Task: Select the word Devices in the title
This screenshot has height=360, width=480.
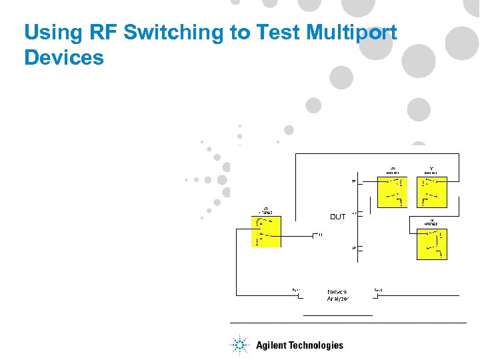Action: [x=64, y=57]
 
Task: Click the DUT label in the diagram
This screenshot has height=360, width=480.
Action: [x=338, y=217]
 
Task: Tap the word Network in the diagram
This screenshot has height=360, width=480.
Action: [x=337, y=292]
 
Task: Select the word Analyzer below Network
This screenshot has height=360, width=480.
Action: [x=337, y=299]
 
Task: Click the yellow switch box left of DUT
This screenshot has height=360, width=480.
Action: [x=267, y=231]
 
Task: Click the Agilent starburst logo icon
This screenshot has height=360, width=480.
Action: [x=239, y=345]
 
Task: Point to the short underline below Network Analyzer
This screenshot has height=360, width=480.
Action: [x=337, y=314]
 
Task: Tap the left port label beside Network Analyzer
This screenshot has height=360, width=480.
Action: [x=295, y=289]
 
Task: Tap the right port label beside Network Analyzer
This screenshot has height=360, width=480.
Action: [x=378, y=289]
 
